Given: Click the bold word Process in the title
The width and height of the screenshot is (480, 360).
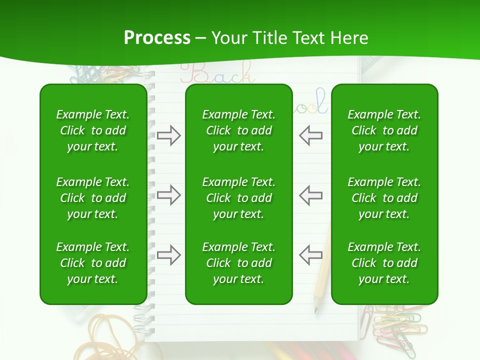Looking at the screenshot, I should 157,38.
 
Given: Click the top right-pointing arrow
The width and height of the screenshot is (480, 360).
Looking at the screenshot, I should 168,135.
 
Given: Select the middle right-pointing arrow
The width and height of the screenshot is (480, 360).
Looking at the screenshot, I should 168,195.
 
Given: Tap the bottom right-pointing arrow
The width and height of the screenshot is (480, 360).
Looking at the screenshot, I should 168,255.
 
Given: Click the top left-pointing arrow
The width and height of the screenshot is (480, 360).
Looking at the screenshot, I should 310,135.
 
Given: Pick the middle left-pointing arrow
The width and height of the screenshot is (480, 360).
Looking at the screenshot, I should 310,195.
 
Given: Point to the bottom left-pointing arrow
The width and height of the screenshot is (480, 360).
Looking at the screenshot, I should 310,255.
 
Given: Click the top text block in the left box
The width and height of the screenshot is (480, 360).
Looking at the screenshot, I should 93,130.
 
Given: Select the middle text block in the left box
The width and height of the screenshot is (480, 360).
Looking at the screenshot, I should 93,198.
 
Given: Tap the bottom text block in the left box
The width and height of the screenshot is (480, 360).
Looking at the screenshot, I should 93,263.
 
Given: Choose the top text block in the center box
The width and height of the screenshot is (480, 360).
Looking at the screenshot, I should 238,130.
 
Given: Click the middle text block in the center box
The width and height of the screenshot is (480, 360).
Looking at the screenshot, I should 238,198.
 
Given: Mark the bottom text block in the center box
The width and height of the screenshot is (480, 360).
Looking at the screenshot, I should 238,263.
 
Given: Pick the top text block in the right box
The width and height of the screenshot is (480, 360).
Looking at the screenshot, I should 384,130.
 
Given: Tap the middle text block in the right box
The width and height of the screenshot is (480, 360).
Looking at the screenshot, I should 384,198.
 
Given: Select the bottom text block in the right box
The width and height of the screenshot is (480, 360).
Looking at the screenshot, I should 384,263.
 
